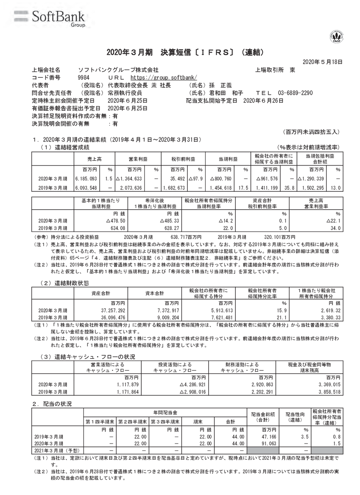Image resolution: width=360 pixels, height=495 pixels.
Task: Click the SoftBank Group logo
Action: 49,18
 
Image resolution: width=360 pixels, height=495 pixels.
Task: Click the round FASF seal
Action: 336,36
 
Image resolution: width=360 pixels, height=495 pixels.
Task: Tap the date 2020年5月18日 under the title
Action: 322,61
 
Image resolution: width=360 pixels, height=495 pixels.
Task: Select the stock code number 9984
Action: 84,77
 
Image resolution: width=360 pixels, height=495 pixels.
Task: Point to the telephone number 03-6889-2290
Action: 295,93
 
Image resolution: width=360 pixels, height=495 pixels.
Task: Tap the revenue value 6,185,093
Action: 87,179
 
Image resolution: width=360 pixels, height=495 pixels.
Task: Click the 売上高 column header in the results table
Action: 94,159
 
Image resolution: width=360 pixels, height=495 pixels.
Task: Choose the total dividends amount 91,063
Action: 267,444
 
